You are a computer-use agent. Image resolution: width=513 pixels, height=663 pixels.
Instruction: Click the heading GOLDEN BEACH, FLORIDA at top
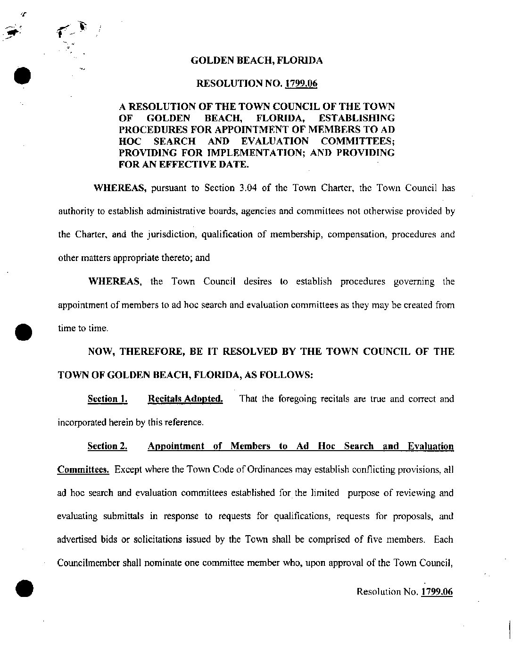[x=256, y=60]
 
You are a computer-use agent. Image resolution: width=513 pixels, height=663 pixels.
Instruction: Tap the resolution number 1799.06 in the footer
[x=437, y=591]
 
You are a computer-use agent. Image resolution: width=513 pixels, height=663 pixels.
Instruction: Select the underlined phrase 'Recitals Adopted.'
[x=185, y=399]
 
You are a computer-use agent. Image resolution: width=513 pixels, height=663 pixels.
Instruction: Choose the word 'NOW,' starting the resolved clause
[x=102, y=352]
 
